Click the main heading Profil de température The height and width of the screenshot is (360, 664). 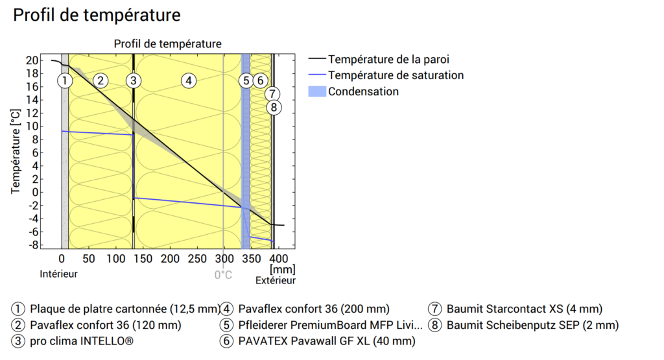[97, 15]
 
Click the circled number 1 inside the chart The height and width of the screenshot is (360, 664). [64, 81]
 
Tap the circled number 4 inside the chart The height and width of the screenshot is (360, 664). [188, 81]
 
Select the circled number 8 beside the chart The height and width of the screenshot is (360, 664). [274, 107]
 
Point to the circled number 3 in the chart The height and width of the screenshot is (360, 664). [133, 81]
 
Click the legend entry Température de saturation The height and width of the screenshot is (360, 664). [396, 75]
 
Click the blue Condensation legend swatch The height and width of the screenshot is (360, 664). [316, 91]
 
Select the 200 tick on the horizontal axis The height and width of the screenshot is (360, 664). [170, 259]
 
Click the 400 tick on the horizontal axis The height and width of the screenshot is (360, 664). [277, 259]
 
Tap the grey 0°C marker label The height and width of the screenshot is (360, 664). [223, 274]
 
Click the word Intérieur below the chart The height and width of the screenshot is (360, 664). [58, 274]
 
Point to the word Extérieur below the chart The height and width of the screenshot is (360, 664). [275, 280]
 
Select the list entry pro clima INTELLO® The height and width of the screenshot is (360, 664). [82, 341]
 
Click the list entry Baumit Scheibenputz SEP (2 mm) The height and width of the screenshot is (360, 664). [532, 325]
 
